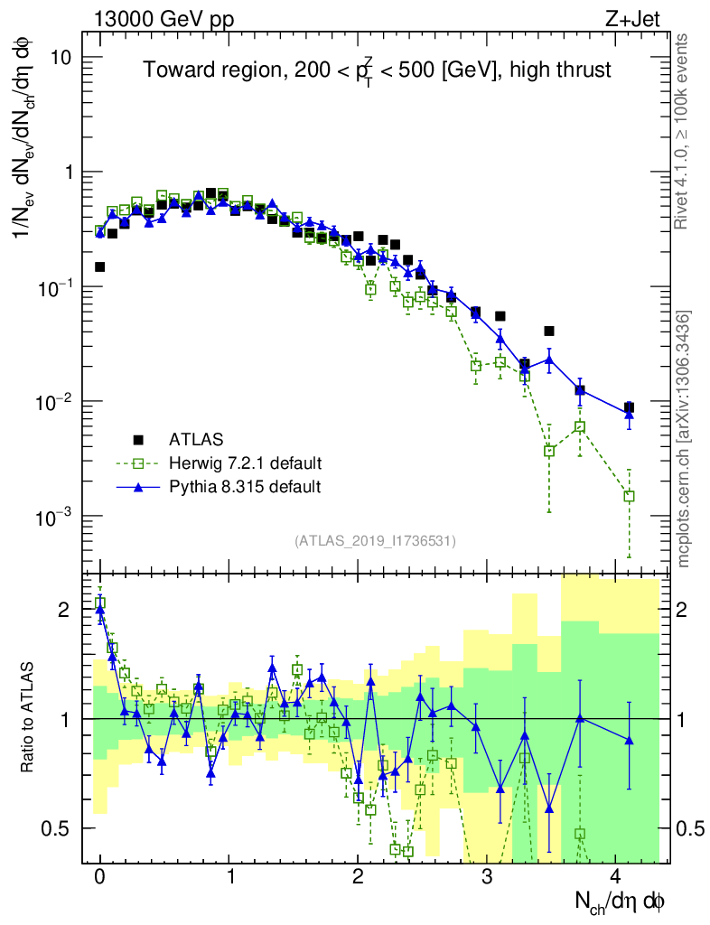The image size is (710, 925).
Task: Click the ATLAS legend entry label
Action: [192, 440]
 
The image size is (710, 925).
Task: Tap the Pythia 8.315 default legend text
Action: [245, 487]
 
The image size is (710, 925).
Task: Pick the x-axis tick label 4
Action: [616, 876]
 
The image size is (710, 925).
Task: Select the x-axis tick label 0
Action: [99, 876]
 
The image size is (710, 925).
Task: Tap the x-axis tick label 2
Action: [358, 876]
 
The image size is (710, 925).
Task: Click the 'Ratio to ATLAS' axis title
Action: [28, 718]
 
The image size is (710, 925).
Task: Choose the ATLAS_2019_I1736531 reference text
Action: [375, 541]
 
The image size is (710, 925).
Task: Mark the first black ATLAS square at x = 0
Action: [99, 266]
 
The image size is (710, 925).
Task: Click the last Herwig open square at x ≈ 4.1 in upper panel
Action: [629, 496]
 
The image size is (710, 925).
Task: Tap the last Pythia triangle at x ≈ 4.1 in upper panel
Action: [629, 414]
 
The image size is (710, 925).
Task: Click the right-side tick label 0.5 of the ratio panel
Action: [690, 827]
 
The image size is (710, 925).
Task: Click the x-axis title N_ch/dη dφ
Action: [621, 902]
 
